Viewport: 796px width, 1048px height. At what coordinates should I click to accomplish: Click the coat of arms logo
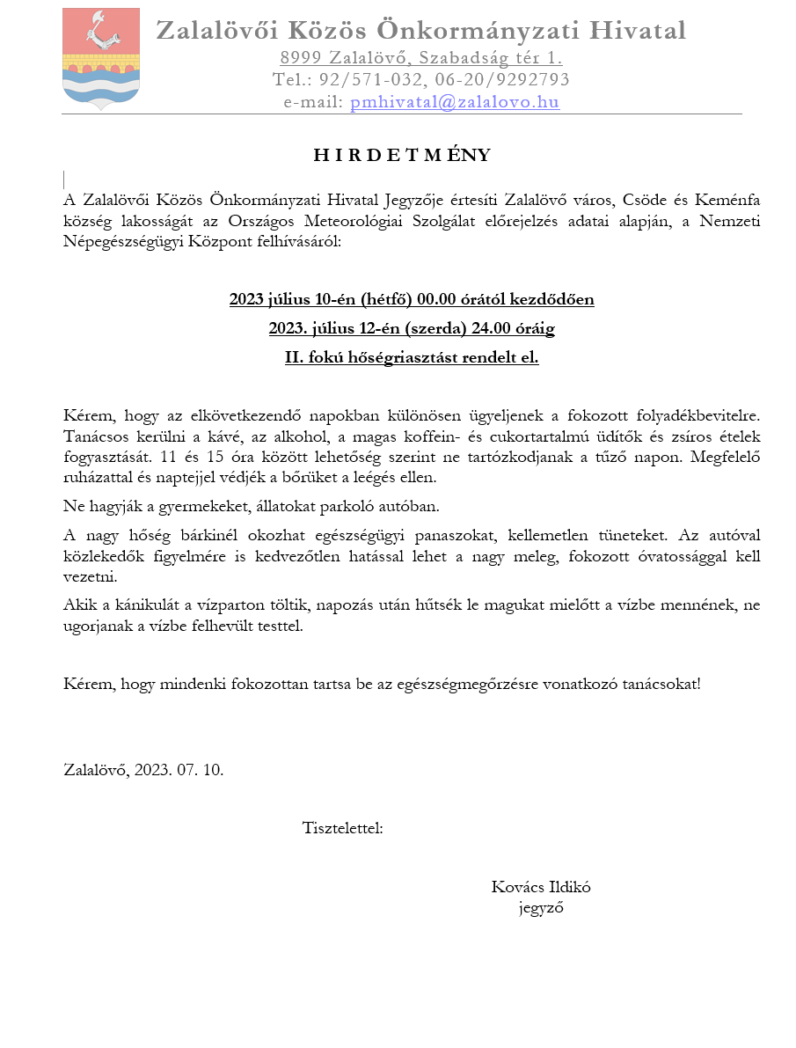tap(101, 58)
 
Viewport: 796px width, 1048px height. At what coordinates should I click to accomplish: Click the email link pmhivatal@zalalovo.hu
tap(455, 102)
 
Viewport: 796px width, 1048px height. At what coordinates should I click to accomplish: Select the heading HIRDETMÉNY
tap(402, 156)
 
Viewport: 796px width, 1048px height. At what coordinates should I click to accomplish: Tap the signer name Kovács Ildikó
tap(541, 887)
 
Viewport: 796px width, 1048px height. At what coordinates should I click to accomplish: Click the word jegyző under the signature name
tap(541, 908)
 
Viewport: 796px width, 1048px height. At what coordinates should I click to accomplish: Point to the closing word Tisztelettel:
tap(342, 828)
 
